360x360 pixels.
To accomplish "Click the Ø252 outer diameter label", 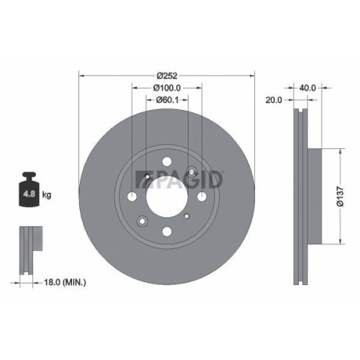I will [167, 74].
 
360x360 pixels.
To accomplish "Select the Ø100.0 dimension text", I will [167, 87].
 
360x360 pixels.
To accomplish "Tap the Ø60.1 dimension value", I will [167, 99].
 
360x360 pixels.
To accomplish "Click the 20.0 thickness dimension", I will [274, 99].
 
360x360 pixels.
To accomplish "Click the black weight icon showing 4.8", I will [30, 189].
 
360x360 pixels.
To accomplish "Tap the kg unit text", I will [46, 194].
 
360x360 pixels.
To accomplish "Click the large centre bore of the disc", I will [167, 194].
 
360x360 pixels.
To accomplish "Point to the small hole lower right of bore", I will [187, 215].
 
